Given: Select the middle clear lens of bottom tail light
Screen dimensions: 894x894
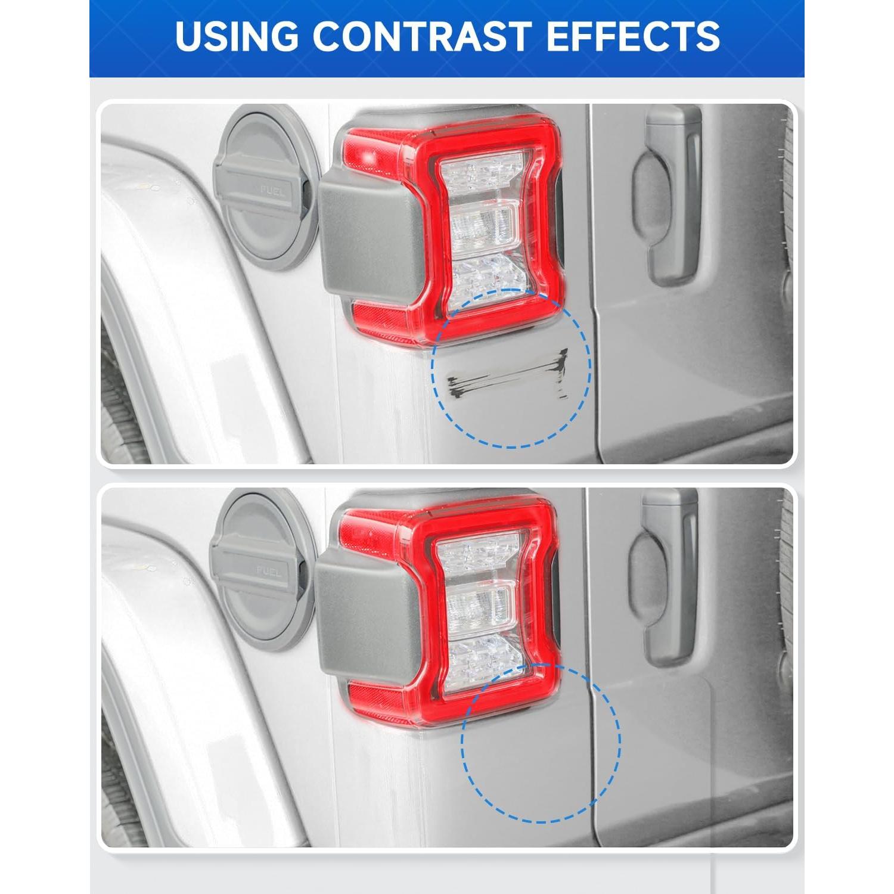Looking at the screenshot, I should [x=480, y=608].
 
